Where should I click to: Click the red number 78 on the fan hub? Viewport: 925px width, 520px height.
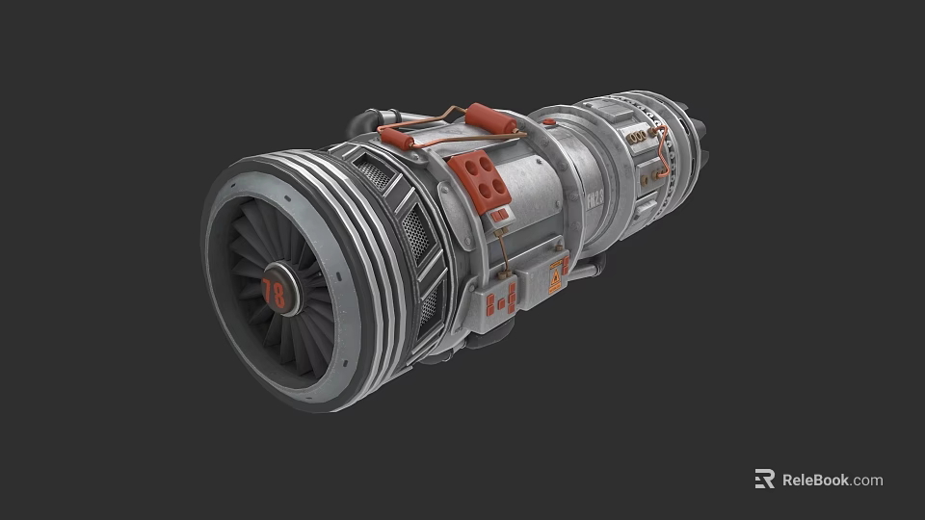coord(275,293)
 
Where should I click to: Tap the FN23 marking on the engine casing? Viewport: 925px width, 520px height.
coord(595,200)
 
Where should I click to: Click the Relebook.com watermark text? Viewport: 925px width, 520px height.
coord(832,480)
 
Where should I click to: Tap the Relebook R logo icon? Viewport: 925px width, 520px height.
coord(764,480)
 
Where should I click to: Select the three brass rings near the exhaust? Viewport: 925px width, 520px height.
coord(637,139)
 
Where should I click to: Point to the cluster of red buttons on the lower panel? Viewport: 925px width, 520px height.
coord(501,298)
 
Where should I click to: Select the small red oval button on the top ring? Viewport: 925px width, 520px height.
coord(548,122)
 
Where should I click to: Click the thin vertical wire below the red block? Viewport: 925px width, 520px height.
coord(501,252)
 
